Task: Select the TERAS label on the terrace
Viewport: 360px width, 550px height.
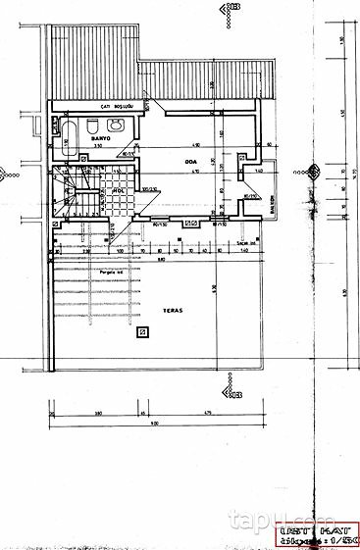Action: click(147, 308)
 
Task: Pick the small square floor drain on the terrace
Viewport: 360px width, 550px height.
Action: click(143, 332)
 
